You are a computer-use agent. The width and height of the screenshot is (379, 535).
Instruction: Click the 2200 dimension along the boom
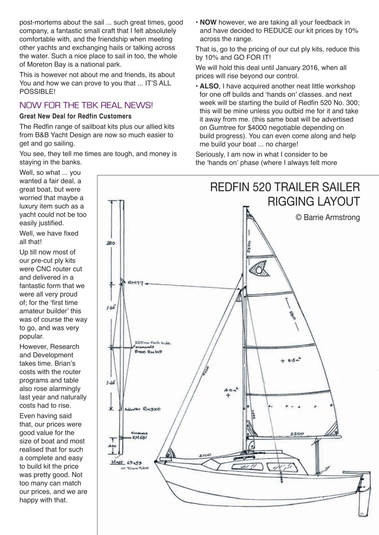(297, 434)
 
